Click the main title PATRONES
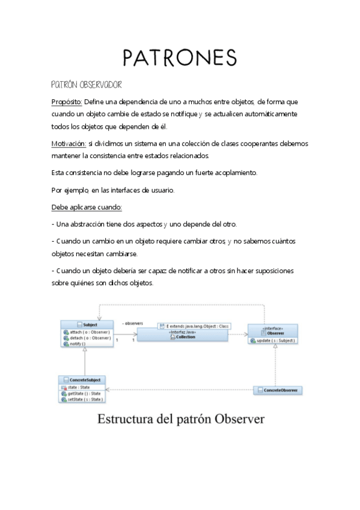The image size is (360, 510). pyautogui.click(x=179, y=57)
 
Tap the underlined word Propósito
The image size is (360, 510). pyautogui.click(x=66, y=102)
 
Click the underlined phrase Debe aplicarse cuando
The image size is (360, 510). pyautogui.click(x=87, y=207)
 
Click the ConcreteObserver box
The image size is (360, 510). pyautogui.click(x=277, y=390)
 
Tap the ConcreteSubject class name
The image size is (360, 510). pyautogui.click(x=84, y=380)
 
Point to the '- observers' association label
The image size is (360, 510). pyautogui.click(x=132, y=324)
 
